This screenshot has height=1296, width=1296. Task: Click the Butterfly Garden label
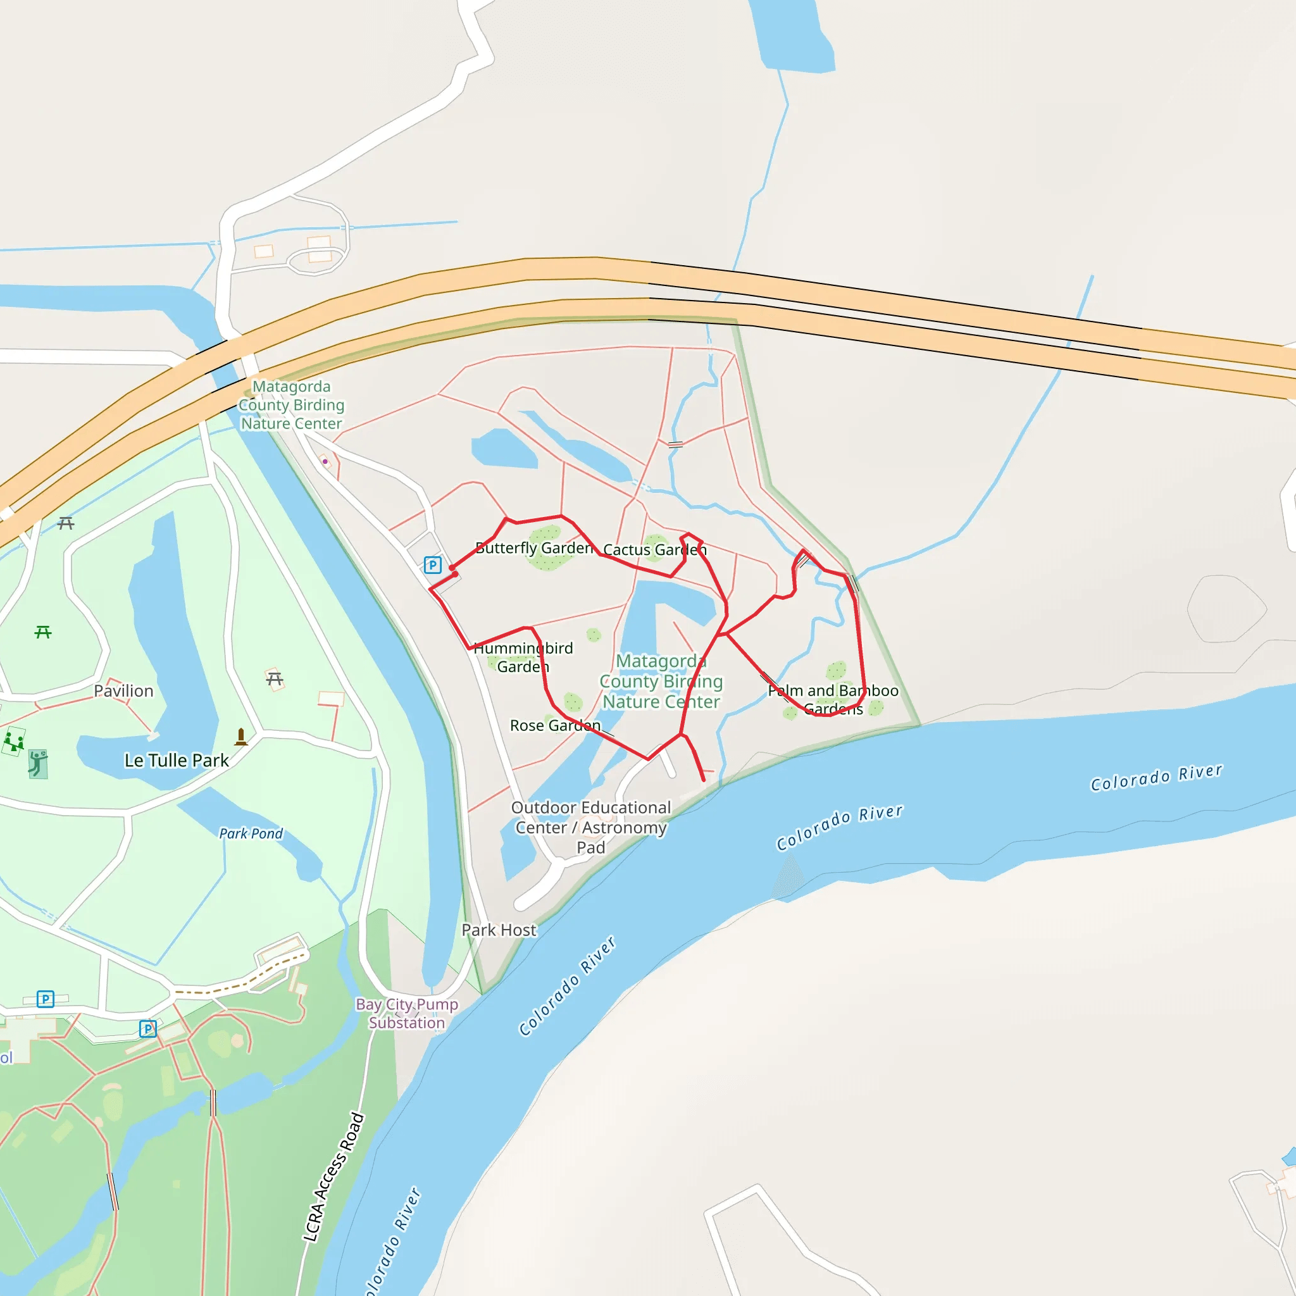[x=535, y=548]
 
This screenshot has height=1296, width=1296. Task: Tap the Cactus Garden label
[x=655, y=550]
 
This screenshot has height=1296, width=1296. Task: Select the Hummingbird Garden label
[x=523, y=657]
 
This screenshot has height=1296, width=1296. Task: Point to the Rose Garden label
[x=555, y=726]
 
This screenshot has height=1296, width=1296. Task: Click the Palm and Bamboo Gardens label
[x=833, y=700]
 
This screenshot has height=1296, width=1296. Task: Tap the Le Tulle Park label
[x=177, y=761]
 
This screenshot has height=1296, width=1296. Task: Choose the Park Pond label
[x=251, y=834]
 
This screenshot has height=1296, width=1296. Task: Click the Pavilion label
[x=123, y=691]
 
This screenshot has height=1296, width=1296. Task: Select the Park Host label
[x=499, y=930]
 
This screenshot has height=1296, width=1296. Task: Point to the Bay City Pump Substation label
[x=407, y=1014]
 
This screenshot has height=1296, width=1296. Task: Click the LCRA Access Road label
[x=333, y=1178]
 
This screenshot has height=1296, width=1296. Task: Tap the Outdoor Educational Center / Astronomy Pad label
[x=591, y=828]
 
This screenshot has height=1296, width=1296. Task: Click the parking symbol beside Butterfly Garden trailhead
[x=433, y=566]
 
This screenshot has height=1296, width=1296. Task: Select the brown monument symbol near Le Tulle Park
[x=241, y=737]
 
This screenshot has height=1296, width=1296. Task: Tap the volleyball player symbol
[x=38, y=764]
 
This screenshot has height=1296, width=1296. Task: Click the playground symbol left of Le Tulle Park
[x=14, y=742]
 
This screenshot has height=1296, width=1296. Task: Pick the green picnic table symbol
[x=43, y=632]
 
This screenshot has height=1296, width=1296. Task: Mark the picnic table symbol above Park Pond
[x=275, y=680]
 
